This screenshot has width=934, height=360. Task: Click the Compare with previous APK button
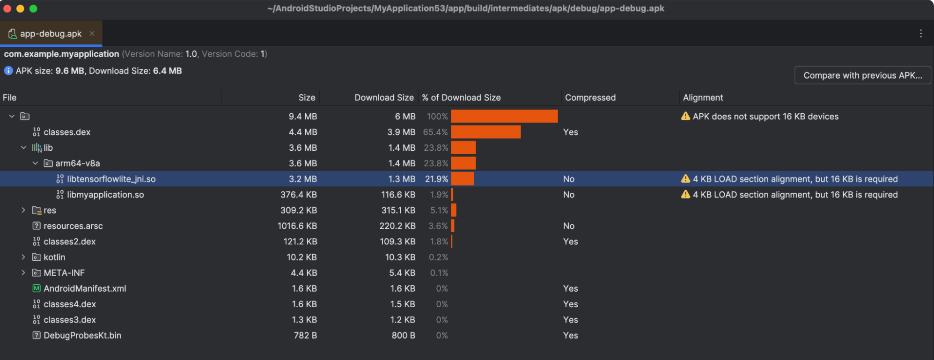[862, 75]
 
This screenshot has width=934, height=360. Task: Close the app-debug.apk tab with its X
[92, 33]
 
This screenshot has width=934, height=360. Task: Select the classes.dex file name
[67, 132]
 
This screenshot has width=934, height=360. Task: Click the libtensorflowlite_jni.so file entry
[111, 179]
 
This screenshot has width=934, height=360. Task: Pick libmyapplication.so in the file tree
[105, 195]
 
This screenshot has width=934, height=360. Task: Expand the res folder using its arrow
[23, 210]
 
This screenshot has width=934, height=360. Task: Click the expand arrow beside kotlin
[23, 257]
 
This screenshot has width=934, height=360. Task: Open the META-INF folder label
[64, 273]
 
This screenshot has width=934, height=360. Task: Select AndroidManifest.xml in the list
[85, 288]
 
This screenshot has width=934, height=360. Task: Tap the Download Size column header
[384, 97]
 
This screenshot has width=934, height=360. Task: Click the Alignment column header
[703, 97]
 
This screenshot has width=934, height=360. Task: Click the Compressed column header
[590, 97]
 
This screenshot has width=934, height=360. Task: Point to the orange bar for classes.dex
[485, 132]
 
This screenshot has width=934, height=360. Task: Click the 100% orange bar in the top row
[504, 116]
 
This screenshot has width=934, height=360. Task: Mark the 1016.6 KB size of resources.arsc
[297, 226]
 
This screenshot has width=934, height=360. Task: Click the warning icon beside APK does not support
[685, 116]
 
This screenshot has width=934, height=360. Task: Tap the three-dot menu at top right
[920, 33]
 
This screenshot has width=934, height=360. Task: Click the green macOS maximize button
[33, 8]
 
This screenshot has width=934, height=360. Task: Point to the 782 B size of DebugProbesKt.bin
[305, 336]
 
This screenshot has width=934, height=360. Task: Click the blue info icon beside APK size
[8, 71]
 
